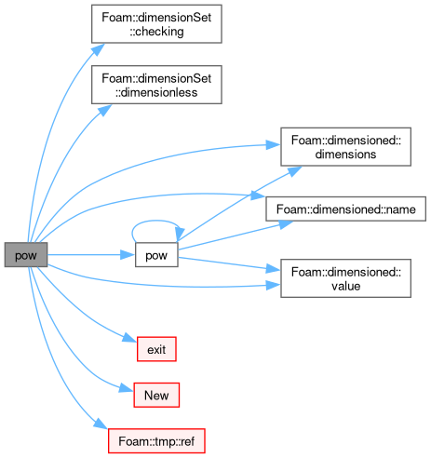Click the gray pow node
point(26,255)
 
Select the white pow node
point(156,255)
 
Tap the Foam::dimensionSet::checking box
point(156,24)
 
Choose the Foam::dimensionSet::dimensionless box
point(156,85)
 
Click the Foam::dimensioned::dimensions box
point(346,147)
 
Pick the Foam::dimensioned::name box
point(346,209)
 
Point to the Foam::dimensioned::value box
point(346,278)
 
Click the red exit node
point(156,349)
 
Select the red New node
point(156,395)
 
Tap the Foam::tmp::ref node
point(156,441)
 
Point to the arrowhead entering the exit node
point(129,337)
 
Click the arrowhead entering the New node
point(127,388)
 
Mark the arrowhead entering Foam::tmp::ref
point(101,424)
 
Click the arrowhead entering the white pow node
point(128,255)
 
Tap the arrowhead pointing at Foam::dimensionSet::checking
point(99,49)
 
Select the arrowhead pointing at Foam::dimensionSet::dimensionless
point(105,110)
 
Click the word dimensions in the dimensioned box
point(345,154)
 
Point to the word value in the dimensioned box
point(346,286)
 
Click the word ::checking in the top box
point(156,32)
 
